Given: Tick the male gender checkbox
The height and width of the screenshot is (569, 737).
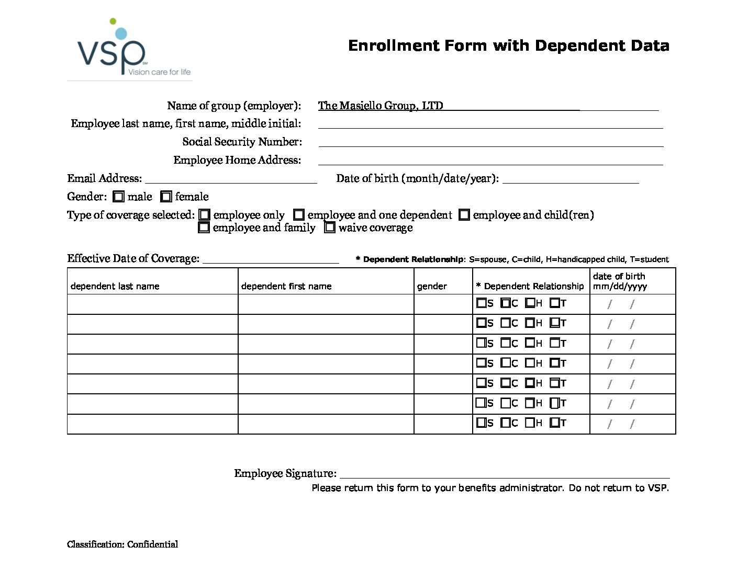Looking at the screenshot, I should pos(118,197).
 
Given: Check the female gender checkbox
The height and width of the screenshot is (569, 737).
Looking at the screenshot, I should pos(166,197).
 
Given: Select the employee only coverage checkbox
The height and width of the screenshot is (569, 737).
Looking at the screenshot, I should pos(205,215).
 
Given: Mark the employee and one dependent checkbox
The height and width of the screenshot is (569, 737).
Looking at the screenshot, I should pos(299,215).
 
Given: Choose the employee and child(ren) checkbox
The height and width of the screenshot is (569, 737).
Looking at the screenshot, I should pos(464,215).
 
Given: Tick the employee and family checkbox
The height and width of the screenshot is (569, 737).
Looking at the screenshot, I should pos(204,227).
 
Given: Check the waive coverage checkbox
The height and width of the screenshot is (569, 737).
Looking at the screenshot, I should pos(330,227).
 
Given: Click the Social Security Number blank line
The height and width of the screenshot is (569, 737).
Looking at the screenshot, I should pos(490,143).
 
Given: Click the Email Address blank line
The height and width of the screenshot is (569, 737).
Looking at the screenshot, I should pos(231,179).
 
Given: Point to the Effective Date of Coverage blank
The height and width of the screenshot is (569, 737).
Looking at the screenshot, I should pos(271,259).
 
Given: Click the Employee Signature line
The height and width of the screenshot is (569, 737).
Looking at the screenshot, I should pos(504,474).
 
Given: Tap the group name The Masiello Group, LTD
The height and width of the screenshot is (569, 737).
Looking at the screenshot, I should pos(381,106).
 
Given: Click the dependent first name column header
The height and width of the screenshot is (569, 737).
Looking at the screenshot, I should pos(286,286).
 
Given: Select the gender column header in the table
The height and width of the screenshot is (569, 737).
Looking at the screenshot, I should pos(432,286).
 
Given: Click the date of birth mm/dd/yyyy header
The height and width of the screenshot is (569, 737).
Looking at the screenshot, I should pos(620,281).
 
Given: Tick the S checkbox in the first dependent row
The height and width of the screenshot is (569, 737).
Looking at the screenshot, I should pos(481,303).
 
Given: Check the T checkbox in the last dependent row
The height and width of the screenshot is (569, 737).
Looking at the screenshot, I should pos(554,423).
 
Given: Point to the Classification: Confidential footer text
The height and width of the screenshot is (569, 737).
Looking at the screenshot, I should pos(122,544).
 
